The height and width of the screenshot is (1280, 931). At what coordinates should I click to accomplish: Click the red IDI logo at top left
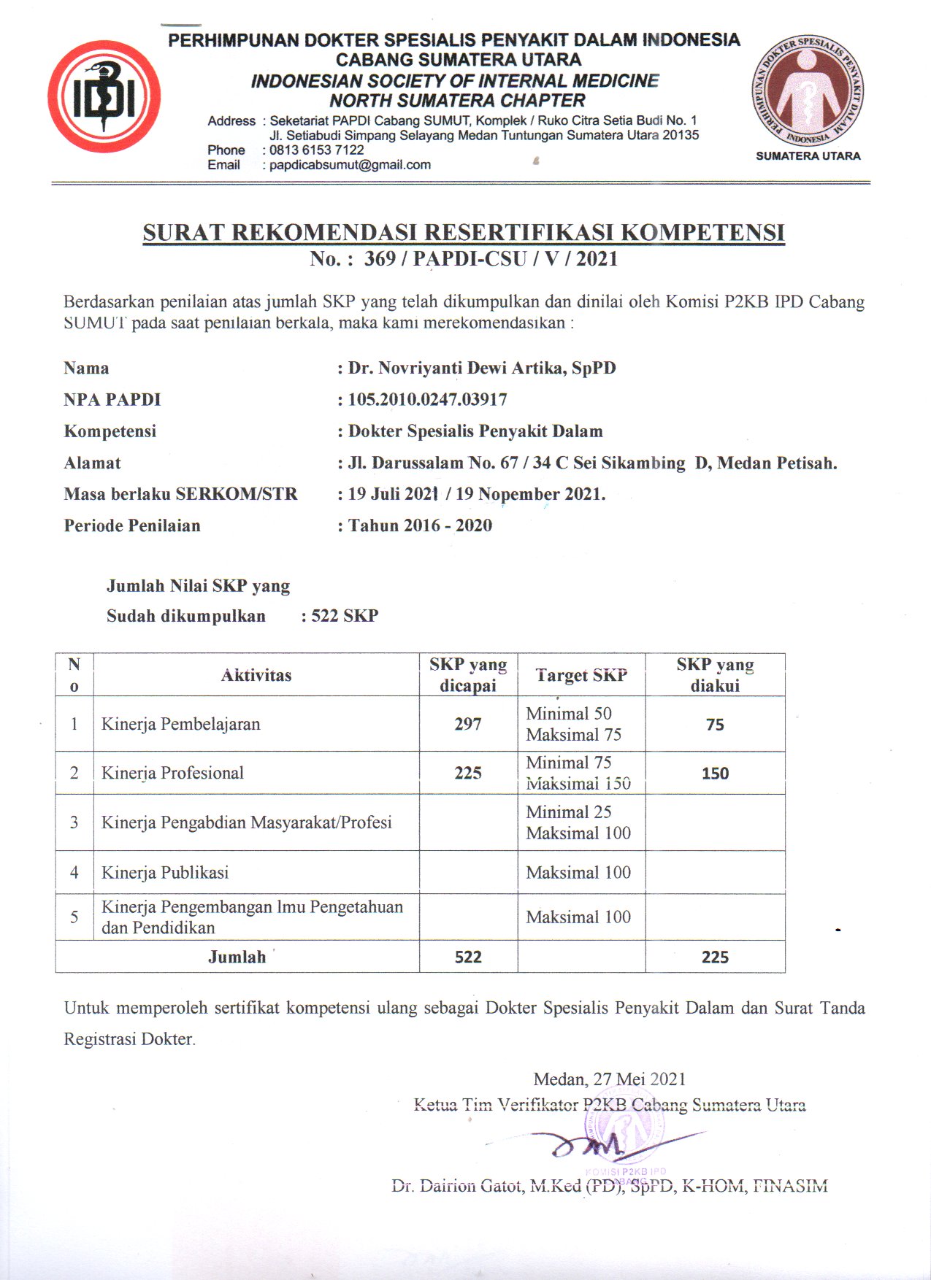[104, 96]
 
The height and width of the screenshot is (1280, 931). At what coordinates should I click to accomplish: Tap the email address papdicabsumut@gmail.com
[350, 165]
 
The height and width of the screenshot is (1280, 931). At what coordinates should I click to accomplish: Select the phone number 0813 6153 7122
[316, 150]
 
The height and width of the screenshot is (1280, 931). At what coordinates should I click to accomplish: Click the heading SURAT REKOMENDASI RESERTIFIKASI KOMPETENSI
[464, 232]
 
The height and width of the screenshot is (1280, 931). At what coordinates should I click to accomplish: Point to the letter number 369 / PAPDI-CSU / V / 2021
[491, 259]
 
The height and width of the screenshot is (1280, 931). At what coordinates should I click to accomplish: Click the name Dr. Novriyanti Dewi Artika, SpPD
[481, 368]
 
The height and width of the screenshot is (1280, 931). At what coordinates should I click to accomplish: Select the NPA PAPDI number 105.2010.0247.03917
[427, 399]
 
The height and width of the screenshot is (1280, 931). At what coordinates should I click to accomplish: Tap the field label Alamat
[92, 463]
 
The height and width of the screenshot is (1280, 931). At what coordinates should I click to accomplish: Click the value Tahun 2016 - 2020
[420, 525]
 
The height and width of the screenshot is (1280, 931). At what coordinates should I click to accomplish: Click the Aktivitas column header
[256, 675]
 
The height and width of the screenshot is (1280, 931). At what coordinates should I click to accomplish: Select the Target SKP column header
[581, 675]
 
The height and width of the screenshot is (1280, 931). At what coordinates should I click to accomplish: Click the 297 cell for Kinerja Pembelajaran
[468, 724]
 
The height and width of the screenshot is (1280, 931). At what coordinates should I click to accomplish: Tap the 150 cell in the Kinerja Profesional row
[715, 774]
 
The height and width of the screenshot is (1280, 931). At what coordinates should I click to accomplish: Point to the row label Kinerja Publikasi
[165, 872]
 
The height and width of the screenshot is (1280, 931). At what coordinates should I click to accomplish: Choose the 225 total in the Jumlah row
[715, 957]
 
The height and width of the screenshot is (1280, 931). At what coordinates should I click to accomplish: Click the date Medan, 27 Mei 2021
[609, 1079]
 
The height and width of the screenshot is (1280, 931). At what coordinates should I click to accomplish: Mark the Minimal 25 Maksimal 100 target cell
[578, 822]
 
